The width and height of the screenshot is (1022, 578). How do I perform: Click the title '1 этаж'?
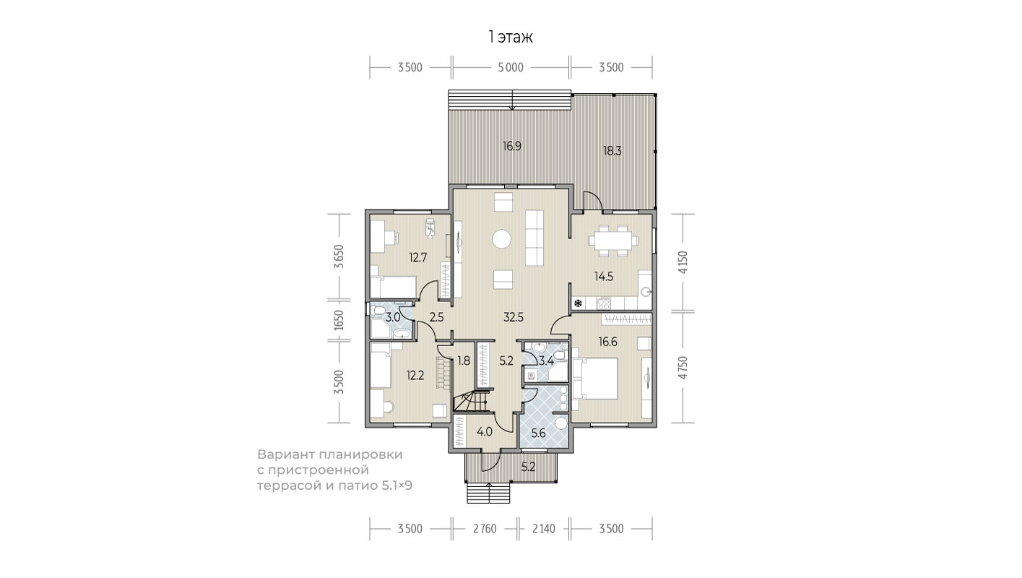[511, 37]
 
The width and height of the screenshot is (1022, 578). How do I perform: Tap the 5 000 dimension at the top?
[511, 68]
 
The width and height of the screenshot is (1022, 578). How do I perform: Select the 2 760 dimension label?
[485, 529]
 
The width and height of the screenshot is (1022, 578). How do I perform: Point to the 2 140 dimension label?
[544, 529]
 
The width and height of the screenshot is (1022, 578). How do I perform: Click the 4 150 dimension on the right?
[683, 262]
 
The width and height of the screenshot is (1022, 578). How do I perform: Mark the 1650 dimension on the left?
[338, 320]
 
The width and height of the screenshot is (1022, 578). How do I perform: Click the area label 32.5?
[514, 317]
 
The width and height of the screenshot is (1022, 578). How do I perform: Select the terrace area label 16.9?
[512, 146]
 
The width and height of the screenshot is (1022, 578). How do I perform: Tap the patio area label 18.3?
[612, 151]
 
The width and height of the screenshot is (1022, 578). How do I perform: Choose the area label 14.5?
[604, 276]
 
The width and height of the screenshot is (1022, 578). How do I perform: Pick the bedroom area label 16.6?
[607, 342]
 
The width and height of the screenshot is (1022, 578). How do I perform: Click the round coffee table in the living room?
[501, 238]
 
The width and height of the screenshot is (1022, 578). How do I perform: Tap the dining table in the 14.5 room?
[613, 240]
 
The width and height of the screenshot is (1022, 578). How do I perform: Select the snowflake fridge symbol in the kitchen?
[578, 303]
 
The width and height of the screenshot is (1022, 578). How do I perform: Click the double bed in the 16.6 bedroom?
[596, 379]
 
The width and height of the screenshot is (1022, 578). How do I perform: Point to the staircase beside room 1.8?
[470, 401]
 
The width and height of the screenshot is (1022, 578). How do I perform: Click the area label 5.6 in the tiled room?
[539, 433]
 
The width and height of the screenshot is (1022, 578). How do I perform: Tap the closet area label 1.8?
[464, 361]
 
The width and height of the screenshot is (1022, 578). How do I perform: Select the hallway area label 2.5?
[437, 317]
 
